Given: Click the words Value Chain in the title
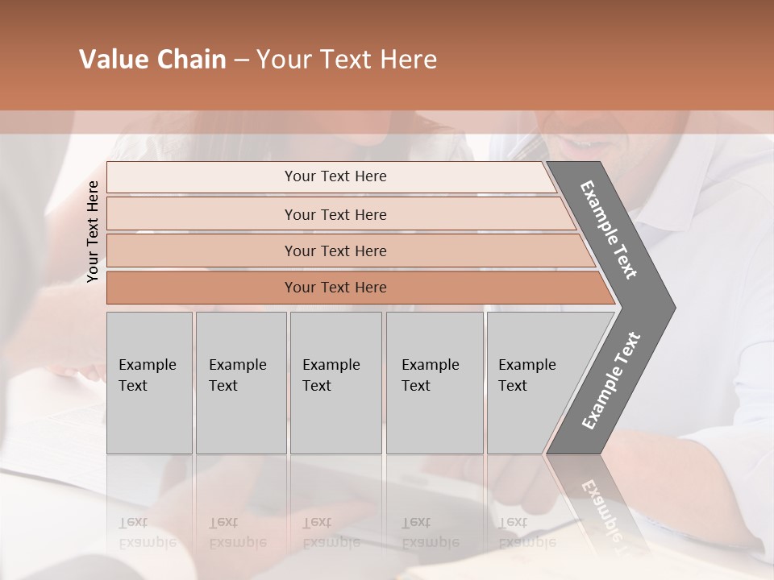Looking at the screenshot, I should click(152, 60).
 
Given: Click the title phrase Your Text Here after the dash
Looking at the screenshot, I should click(347, 60).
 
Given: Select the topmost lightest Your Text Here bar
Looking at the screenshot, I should click(335, 176).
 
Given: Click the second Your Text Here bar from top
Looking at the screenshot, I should click(335, 214).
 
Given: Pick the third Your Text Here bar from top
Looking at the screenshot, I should click(335, 251).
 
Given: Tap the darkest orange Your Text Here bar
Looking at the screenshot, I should click(335, 288).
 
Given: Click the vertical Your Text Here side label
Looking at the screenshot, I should click(93, 231).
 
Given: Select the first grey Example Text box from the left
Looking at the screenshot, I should click(149, 383).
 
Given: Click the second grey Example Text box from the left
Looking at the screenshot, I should click(240, 383).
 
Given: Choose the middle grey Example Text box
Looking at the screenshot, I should click(335, 383).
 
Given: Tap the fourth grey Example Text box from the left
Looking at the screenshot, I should click(434, 383).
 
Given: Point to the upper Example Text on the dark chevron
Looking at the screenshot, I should click(609, 230).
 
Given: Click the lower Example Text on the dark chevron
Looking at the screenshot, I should click(611, 381).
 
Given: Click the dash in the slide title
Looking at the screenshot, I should click(241, 60).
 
